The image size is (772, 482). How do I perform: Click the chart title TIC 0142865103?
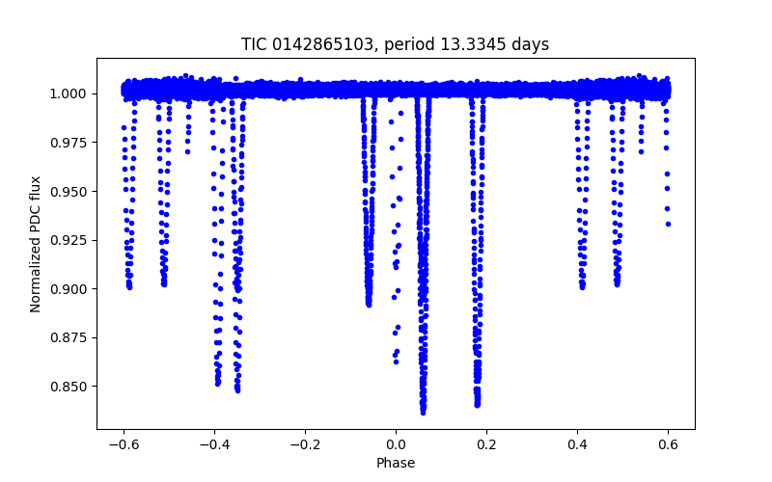pyautogui.click(x=311, y=44)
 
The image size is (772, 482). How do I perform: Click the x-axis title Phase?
pyautogui.click(x=396, y=463)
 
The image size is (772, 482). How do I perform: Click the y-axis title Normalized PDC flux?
pyautogui.click(x=36, y=244)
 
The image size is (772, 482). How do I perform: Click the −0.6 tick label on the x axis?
pyautogui.click(x=124, y=444)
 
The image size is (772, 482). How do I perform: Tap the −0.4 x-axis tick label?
pyautogui.click(x=214, y=444)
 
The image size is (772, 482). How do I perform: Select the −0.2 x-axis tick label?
pyautogui.click(x=305, y=444)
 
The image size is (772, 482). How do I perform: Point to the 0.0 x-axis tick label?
pyautogui.click(x=396, y=444)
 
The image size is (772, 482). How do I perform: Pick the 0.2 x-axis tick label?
pyautogui.click(x=486, y=444)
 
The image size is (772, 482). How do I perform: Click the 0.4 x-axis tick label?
pyautogui.click(x=577, y=444)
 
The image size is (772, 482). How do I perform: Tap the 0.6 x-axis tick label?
pyautogui.click(x=668, y=444)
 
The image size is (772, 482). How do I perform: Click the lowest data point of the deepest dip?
pyautogui.click(x=423, y=412)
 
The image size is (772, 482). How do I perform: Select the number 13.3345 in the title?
pyautogui.click(x=478, y=44)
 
